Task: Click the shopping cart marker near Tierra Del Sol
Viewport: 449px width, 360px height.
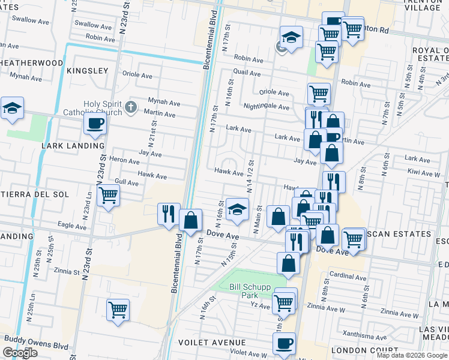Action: [108, 195]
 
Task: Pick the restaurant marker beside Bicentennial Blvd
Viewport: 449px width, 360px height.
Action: [168, 214]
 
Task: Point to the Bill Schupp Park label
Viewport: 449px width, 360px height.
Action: [253, 291]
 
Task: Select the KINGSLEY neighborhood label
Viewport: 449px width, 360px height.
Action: [88, 71]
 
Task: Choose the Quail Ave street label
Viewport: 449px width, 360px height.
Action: [247, 73]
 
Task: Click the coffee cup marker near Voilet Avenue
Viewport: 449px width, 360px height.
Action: [284, 344]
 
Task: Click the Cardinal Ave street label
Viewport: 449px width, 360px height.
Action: [348, 277]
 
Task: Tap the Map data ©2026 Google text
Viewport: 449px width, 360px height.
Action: [411, 355]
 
